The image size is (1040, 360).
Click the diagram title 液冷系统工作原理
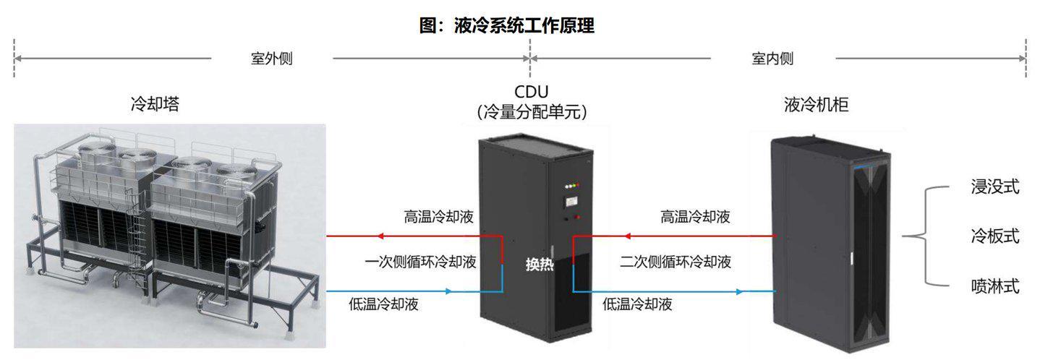524,25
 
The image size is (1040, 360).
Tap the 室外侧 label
272,59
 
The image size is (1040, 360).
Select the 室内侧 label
772,59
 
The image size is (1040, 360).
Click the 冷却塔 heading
155,103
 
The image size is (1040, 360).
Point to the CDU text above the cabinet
531,91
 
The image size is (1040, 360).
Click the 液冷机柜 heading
817,104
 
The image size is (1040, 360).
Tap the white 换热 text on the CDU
540,264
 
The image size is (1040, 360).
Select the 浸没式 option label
995,187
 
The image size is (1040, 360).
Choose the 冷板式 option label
995,236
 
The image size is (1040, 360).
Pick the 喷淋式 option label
995,286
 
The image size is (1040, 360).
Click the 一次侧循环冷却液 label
421,262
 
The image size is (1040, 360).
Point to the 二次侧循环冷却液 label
675,262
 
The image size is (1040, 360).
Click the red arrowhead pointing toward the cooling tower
379,236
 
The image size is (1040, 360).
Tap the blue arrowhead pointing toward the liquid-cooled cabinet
740,292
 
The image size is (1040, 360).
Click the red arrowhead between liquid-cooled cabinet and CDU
627,236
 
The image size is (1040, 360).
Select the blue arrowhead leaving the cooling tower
448,291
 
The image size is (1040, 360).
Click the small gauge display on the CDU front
571,201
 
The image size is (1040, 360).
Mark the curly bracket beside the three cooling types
925,236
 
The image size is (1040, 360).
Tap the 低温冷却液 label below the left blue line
383,304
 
